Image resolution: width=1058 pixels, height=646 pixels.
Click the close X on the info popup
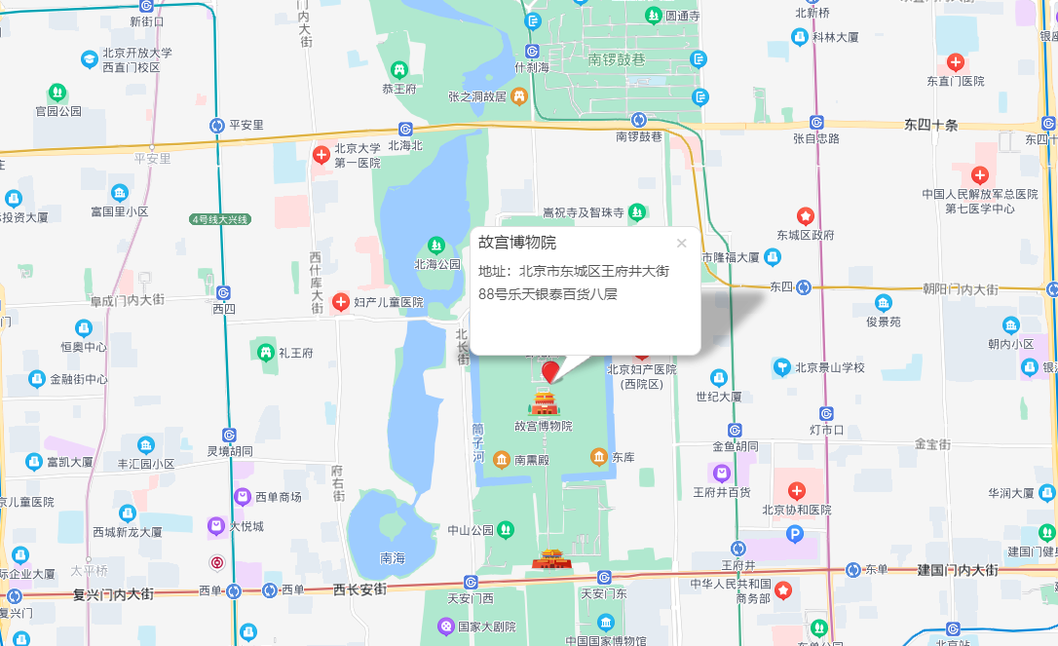[x=681, y=244]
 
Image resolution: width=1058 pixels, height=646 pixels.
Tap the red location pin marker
[x=550, y=371]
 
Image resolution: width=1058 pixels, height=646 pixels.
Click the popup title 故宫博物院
[x=517, y=244]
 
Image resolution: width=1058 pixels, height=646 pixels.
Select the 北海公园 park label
[x=437, y=264]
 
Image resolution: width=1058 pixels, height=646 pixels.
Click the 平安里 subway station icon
[x=218, y=125]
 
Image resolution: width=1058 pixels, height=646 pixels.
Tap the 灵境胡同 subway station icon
[x=229, y=435]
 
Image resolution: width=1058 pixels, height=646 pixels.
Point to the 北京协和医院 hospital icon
[x=797, y=491]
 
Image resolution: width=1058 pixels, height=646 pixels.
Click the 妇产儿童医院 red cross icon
[x=341, y=302]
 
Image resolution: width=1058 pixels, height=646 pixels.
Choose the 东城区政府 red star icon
[x=806, y=215]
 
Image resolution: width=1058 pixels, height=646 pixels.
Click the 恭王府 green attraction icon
[x=399, y=70]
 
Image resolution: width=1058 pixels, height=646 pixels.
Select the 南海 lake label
[x=393, y=558]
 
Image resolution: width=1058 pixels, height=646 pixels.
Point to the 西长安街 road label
[x=359, y=589]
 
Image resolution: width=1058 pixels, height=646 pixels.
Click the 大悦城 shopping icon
[x=216, y=526]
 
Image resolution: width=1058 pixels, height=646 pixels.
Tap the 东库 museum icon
[x=599, y=456]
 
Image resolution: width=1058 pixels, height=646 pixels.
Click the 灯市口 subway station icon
[x=826, y=413]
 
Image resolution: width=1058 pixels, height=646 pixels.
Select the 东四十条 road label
[x=931, y=125]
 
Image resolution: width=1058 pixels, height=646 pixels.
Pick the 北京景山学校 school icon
[x=781, y=367]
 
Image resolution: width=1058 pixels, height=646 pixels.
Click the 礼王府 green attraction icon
[x=264, y=351]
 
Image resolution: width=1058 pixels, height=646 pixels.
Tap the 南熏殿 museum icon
[x=501, y=458]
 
